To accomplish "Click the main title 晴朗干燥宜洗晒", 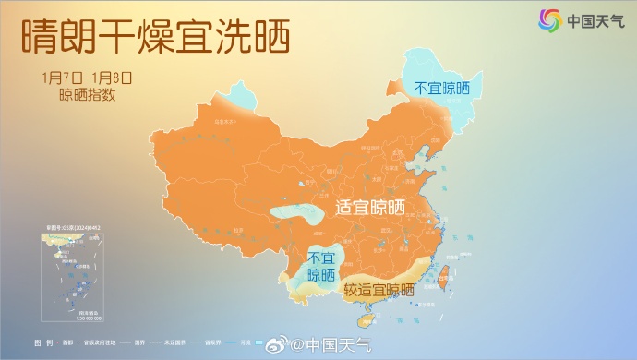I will pyautogui.click(x=154, y=37).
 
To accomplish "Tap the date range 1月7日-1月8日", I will pyautogui.click(x=87, y=77).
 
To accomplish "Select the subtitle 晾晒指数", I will pyautogui.click(x=87, y=93).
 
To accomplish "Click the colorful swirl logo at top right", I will pyautogui.click(x=551, y=19).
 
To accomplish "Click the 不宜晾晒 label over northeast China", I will pyautogui.click(x=440, y=90).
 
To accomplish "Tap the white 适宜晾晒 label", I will pyautogui.click(x=368, y=208).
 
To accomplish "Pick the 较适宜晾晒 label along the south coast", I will pyautogui.click(x=379, y=291).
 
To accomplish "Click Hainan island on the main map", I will pyautogui.click(x=367, y=319).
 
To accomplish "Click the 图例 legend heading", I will pyautogui.click(x=42, y=342).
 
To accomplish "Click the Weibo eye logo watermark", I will pyautogui.click(x=279, y=345).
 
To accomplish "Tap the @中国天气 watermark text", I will pyautogui.click(x=331, y=345).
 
